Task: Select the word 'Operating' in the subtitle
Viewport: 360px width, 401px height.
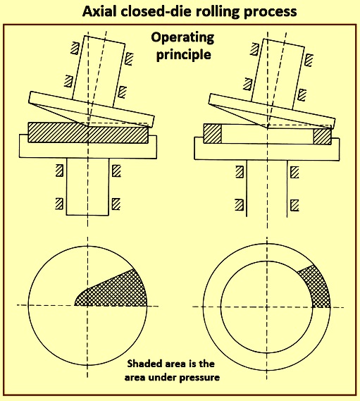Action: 182,38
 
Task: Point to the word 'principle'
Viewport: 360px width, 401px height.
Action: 184,55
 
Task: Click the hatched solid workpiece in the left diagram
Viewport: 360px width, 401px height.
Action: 88,132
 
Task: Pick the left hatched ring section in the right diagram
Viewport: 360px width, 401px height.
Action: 212,134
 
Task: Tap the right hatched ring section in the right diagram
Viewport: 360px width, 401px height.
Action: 322,136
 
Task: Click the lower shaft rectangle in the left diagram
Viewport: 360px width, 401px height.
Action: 87,187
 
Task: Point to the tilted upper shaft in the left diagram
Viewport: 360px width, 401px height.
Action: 99,71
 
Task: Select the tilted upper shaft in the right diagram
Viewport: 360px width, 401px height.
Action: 278,74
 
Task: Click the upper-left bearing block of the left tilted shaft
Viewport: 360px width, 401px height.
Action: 75,48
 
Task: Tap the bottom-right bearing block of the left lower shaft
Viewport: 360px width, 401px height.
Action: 116,204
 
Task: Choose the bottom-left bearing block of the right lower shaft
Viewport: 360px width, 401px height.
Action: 240,204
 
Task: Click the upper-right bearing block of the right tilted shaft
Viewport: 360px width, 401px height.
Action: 309,60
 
